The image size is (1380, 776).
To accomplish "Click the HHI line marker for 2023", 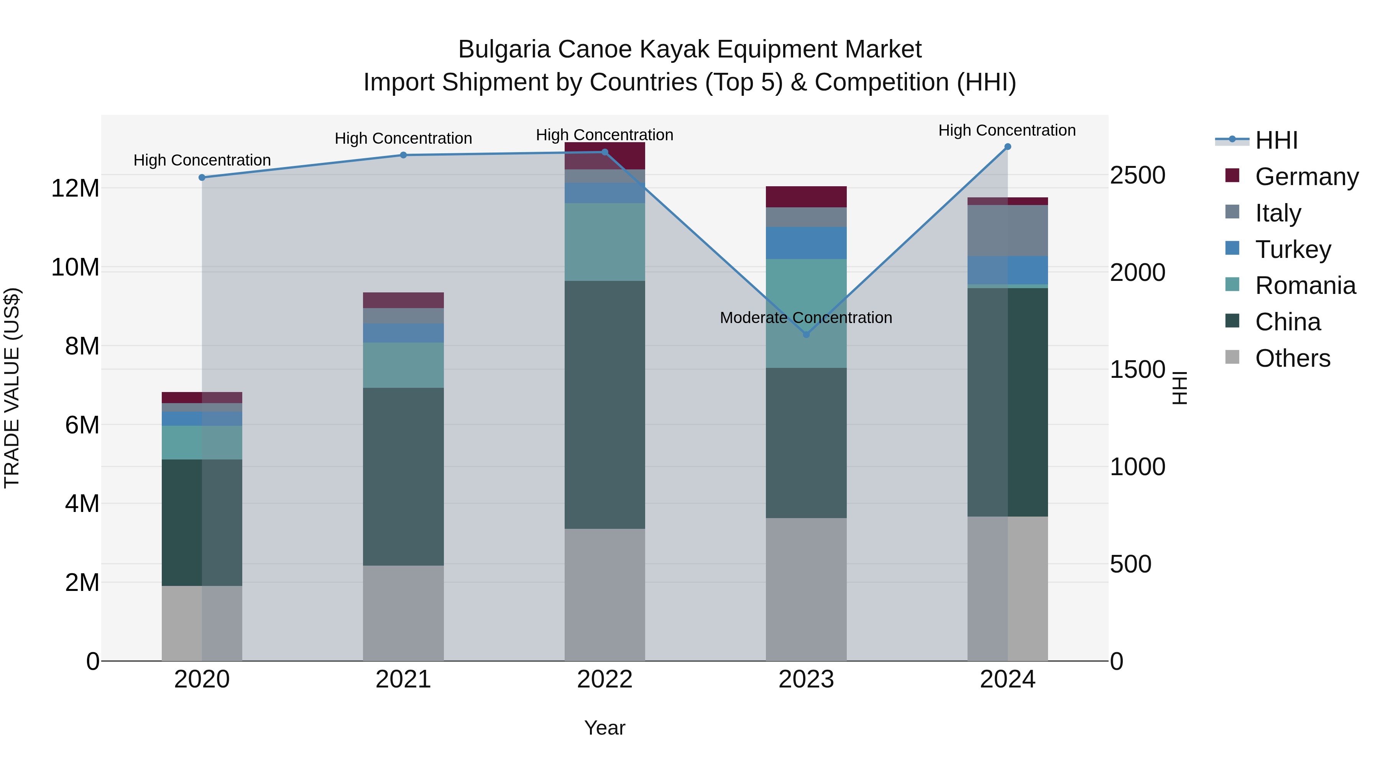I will [x=806, y=334].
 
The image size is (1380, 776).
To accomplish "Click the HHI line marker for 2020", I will [x=202, y=177].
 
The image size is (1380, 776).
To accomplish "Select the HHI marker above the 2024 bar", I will [x=1008, y=147].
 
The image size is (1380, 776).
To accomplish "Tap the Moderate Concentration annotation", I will [x=806, y=318].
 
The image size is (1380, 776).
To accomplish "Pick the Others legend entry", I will [x=1292, y=358].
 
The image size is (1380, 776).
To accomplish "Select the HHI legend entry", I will [x=1276, y=140].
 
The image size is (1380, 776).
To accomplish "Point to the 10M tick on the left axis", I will [x=75, y=267].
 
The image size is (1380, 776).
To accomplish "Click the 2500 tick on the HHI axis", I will [x=1137, y=175].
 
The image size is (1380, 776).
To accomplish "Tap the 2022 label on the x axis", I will [x=605, y=679].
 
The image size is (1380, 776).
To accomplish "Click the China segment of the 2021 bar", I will [x=403, y=477].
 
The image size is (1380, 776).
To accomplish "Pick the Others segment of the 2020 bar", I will [x=202, y=623].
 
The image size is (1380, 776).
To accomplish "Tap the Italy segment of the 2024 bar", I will [x=1008, y=230].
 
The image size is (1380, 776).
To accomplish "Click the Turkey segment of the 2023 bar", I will [x=806, y=243].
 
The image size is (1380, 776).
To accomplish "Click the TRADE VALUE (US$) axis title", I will [x=12, y=388].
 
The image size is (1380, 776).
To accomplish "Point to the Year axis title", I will [x=605, y=728].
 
